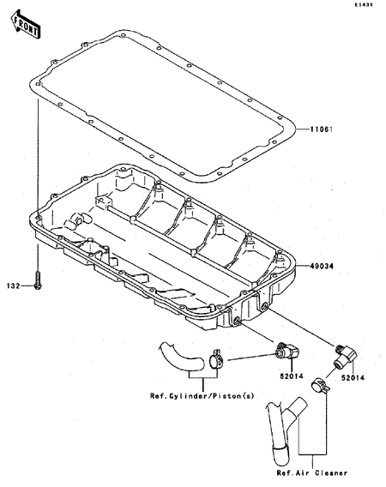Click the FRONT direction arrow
point(26,25)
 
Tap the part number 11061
point(321,129)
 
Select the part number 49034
point(322,266)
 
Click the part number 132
point(14,286)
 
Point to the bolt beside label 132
point(38,282)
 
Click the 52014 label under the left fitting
point(292,376)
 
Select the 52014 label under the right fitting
point(353,377)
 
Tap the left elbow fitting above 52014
point(287,351)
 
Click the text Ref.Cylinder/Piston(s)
point(202,396)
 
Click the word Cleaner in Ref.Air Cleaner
point(331,473)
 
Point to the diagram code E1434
point(365,4)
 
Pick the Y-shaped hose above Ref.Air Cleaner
point(286,425)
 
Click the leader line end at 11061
point(297,129)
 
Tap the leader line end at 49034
point(297,266)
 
